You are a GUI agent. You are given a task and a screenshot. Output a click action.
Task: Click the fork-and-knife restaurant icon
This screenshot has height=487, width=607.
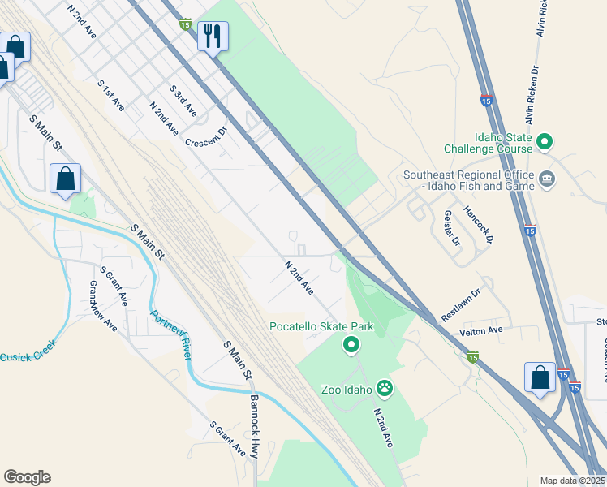click(x=213, y=37)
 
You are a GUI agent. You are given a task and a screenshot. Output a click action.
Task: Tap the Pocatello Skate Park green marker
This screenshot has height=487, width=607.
click(x=351, y=347)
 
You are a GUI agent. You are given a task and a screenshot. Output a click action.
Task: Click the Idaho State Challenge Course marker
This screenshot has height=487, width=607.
click(x=545, y=143)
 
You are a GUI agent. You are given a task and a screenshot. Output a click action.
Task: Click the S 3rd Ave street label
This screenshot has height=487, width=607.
click(x=183, y=99)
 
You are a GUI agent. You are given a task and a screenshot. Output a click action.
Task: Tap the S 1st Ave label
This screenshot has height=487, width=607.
click(x=110, y=95)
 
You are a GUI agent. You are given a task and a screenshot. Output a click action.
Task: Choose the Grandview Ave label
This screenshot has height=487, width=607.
click(x=104, y=304)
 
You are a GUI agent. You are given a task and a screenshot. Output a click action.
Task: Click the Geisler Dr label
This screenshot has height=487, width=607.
click(x=452, y=231)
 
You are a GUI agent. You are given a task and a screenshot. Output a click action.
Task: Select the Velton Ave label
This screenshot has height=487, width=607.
click(x=482, y=330)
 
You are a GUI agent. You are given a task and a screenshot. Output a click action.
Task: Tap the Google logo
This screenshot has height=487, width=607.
click(x=27, y=477)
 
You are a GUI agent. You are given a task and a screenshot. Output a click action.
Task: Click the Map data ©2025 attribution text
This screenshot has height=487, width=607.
click(x=572, y=481)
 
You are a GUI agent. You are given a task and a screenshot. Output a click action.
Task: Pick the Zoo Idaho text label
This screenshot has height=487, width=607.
click(x=351, y=390)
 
